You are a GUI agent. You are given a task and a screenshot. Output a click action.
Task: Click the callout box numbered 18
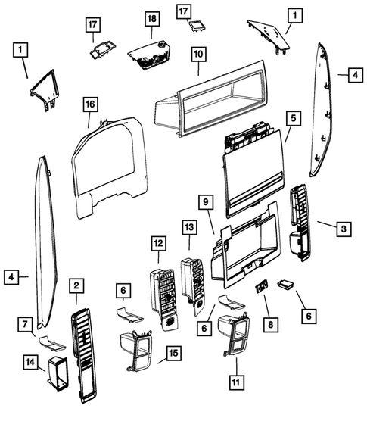tap(151, 18)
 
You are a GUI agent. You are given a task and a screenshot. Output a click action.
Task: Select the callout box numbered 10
tap(198, 55)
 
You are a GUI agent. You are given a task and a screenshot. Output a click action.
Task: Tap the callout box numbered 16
tap(89, 103)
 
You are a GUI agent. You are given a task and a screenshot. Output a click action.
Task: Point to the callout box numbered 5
tap(294, 118)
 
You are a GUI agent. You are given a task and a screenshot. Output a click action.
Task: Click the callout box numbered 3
tap(343, 228)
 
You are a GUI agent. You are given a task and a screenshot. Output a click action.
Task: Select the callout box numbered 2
tap(76, 285)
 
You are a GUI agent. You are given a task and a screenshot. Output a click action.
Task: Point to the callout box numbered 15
tap(174, 353)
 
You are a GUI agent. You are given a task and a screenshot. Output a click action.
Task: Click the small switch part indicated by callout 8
tap(263, 287)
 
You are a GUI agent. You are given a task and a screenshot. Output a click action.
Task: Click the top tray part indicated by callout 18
tap(150, 57)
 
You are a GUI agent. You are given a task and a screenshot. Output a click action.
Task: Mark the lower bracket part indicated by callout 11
tap(235, 337)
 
